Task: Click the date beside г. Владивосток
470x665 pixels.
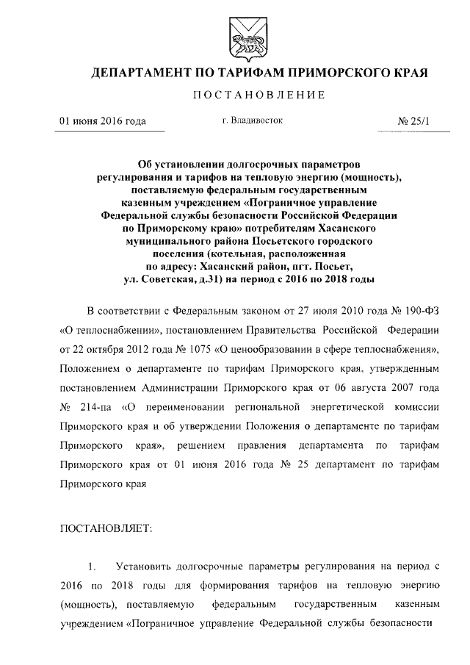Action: point(102,121)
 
